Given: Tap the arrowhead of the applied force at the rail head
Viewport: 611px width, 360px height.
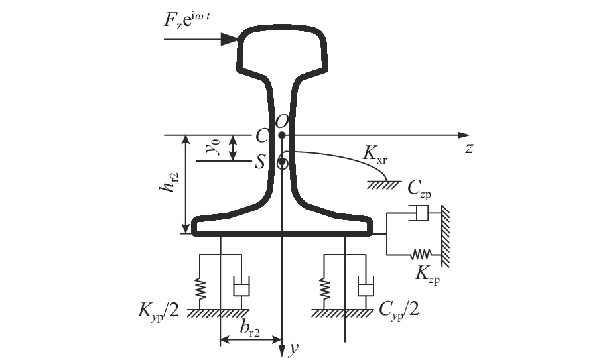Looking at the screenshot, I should tap(230, 40).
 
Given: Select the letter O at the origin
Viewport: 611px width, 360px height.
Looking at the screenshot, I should tap(282, 121).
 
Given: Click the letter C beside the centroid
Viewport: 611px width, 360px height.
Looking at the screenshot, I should tap(262, 136).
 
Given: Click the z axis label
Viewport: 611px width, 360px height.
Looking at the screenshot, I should tap(469, 149).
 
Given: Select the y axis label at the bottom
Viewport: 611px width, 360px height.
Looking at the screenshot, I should tap(291, 349).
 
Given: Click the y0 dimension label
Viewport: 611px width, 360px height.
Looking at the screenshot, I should tap(214, 147).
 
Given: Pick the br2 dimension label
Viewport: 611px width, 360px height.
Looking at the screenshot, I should tap(249, 329).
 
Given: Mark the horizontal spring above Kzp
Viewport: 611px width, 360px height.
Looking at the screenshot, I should tap(421, 253).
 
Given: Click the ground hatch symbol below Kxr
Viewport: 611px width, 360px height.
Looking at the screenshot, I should tap(381, 184).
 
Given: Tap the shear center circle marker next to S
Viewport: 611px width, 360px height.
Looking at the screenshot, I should tap(283, 162).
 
